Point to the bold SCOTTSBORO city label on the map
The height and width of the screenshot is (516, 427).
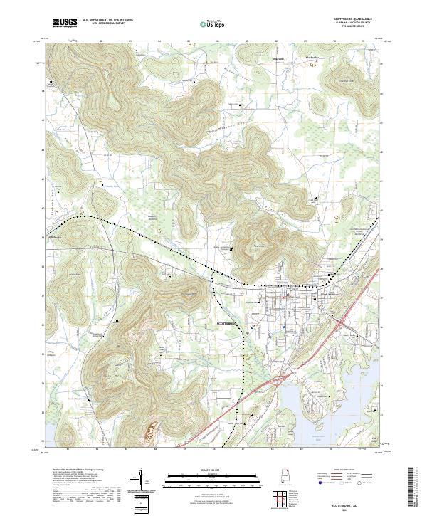tap(230, 322)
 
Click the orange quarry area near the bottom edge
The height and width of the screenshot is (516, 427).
tap(152, 432)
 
